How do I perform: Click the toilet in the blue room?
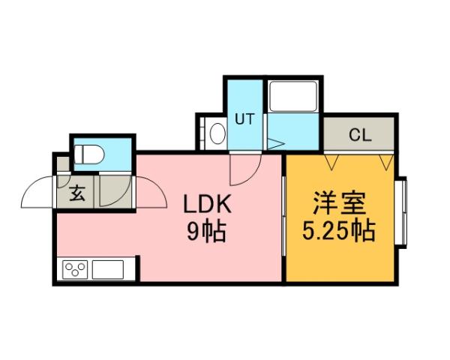click(89, 154)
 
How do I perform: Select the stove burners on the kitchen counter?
click(76, 268)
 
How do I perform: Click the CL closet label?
click(360, 136)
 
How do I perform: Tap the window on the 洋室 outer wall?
click(401, 213)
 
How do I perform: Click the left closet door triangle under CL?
click(332, 160)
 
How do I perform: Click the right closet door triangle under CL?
click(385, 160)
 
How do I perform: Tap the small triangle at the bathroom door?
click(274, 142)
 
